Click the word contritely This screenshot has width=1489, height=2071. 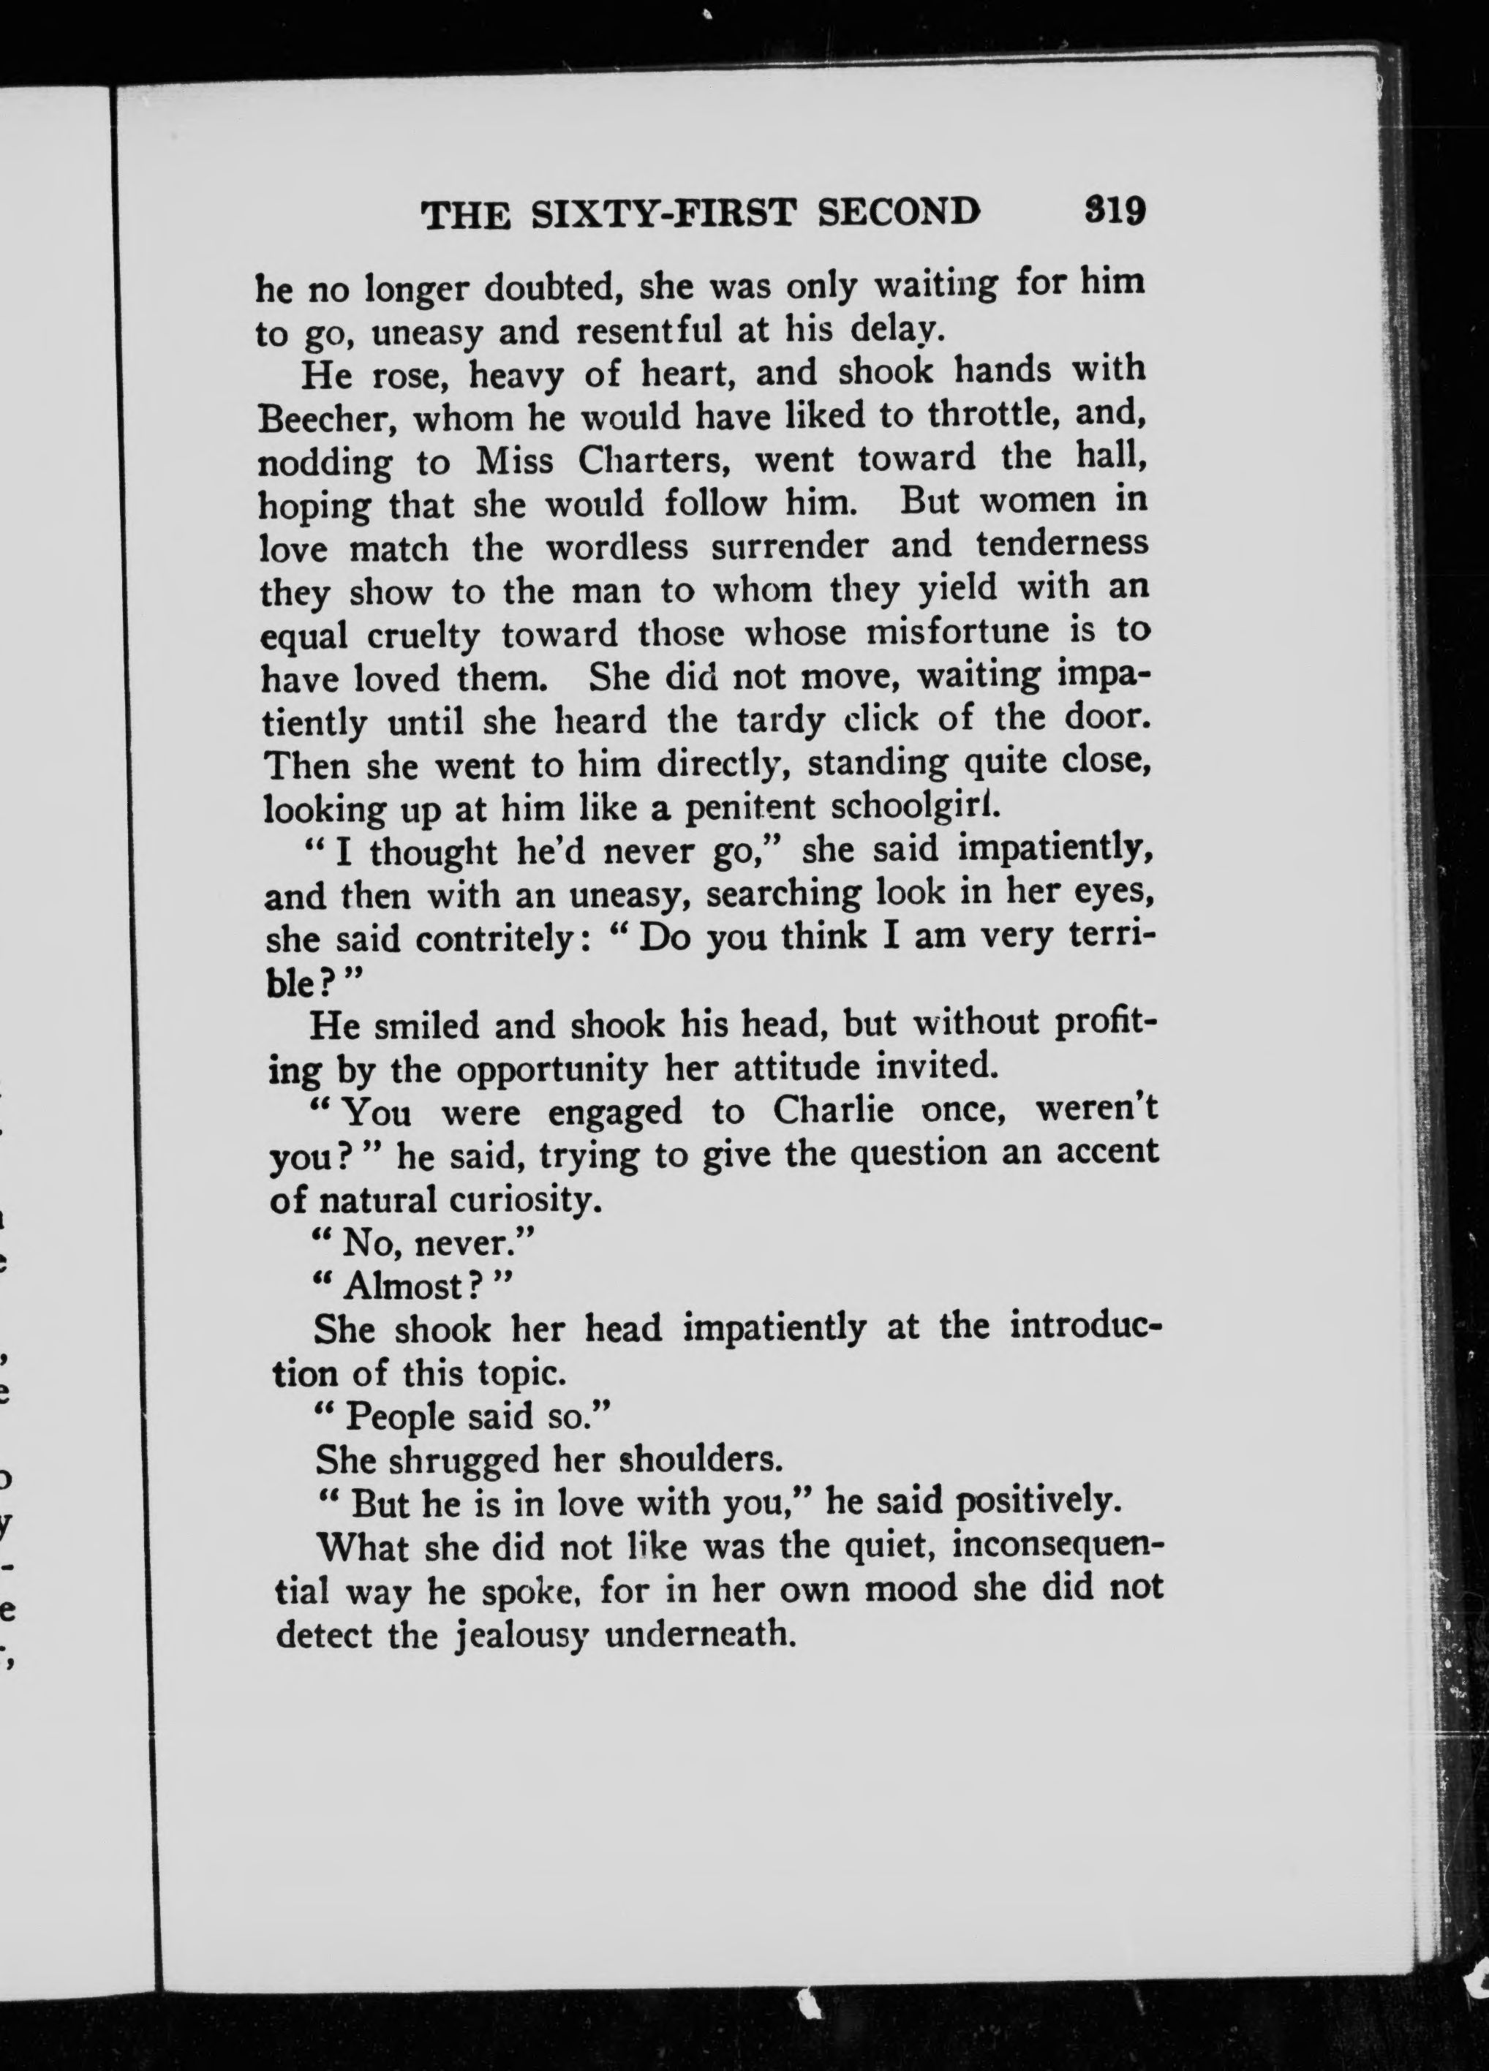click(482, 939)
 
